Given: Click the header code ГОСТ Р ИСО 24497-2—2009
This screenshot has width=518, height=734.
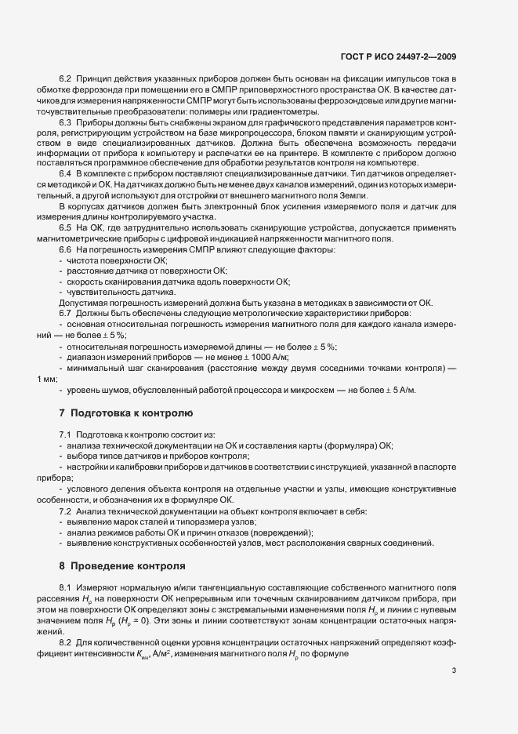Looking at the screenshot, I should pyautogui.click(x=410, y=56).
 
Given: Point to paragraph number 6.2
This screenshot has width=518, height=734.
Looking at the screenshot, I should pyautogui.click(x=66, y=82).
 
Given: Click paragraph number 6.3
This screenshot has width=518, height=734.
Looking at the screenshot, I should pyautogui.click(x=66, y=123).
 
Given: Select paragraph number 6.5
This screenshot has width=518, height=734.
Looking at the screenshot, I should pyautogui.click(x=66, y=227).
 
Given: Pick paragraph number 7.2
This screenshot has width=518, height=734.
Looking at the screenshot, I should pyautogui.click(x=66, y=511).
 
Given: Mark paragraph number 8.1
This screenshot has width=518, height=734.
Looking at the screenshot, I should pyautogui.click(x=66, y=587).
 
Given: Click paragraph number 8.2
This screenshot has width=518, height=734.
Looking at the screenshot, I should pyautogui.click(x=66, y=642).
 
